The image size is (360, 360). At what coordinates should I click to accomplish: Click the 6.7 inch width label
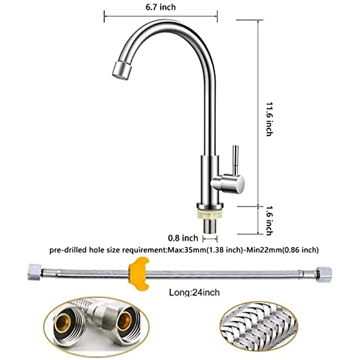pos(160,7)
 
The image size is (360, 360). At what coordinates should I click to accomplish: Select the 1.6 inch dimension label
pos(269,220)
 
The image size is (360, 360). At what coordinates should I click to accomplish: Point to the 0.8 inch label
pos(183,238)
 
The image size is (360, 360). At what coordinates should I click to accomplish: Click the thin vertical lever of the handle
pos(236,159)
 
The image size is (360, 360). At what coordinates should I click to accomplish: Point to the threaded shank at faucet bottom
pos(210,226)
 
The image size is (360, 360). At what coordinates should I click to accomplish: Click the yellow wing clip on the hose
pos(138,274)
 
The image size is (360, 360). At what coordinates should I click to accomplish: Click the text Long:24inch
pos(194,292)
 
